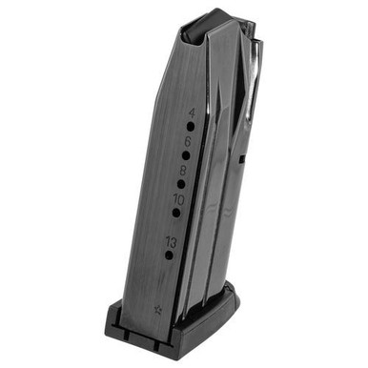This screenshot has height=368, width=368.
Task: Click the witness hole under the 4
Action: point(189,125)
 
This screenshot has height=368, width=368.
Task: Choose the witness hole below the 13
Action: point(169,255)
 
